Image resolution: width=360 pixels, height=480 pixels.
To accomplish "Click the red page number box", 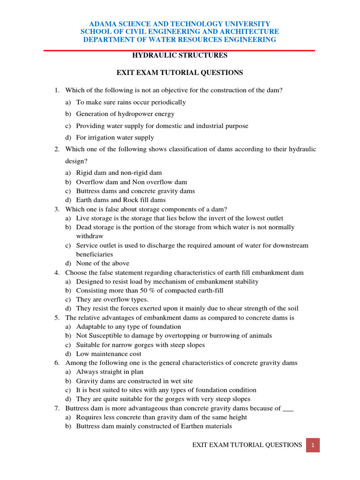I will pos(313,445).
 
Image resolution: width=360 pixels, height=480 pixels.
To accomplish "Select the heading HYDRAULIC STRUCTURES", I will pos(180,55).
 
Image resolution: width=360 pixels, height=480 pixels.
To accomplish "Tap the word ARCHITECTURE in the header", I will pos(251,31).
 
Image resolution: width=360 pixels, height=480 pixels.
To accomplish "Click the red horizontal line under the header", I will pos(180,50).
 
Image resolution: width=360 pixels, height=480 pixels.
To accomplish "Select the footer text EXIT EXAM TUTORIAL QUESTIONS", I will pos(247,445).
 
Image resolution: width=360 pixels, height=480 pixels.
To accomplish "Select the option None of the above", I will pos(103,263).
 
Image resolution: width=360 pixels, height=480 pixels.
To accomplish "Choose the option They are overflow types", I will pos(112,300).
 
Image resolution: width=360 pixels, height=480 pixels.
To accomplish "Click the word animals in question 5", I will pos(261,336).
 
